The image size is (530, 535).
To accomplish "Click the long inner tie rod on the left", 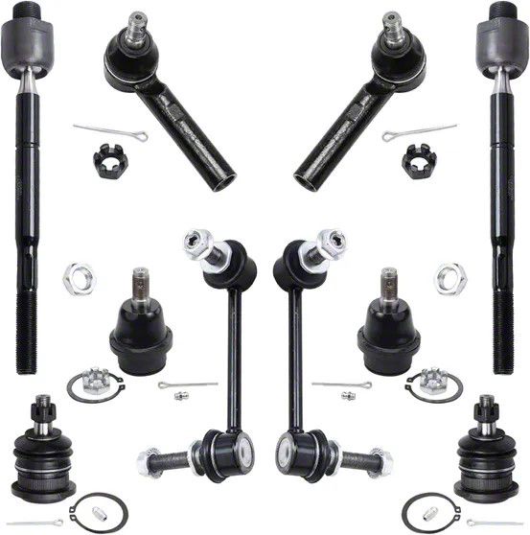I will pyautogui.click(x=26, y=192).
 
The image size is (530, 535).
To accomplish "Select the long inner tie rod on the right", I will pyautogui.click(x=504, y=192).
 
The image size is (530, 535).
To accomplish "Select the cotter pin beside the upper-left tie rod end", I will pyautogui.click(x=110, y=130).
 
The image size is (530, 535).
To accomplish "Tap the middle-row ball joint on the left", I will pyautogui.click(x=140, y=326).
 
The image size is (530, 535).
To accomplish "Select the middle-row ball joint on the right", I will pyautogui.click(x=387, y=326).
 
